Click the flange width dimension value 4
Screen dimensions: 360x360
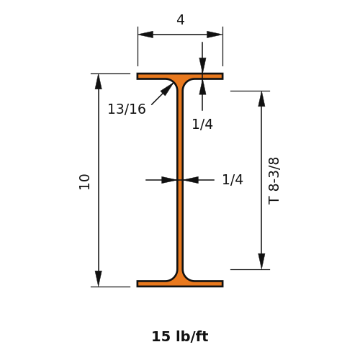coord(181,19)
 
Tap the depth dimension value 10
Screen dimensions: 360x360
coord(84,182)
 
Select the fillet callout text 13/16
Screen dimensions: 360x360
coord(127,109)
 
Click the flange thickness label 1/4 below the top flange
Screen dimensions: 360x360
coord(202,125)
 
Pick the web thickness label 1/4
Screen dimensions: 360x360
coord(233,179)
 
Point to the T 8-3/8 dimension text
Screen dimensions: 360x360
coord(274,181)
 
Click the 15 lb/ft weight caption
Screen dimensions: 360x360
coord(180,336)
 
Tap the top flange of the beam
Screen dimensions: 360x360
coord(180,76)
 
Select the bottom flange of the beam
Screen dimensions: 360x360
coord(180,284)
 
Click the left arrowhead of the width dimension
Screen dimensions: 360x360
coord(145,35)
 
